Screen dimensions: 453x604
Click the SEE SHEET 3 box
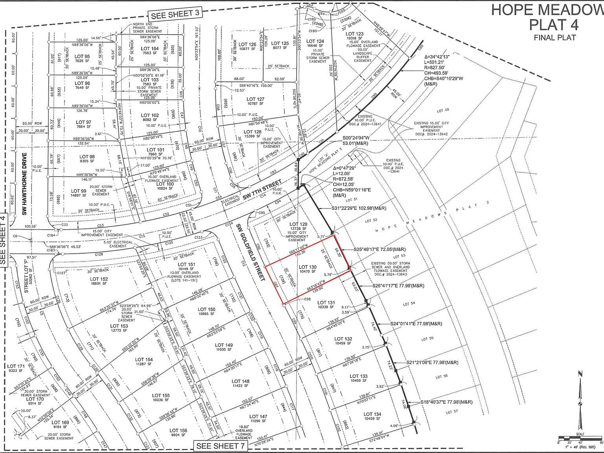(x=175, y=14)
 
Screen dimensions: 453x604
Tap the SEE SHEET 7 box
(x=220, y=446)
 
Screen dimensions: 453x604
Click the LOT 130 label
(x=308, y=268)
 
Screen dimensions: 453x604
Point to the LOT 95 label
(x=82, y=57)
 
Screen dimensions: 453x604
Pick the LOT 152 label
(x=99, y=279)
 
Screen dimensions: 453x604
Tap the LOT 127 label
(x=256, y=99)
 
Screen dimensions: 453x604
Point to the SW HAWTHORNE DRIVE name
(x=24, y=184)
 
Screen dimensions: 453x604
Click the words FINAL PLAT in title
(x=554, y=38)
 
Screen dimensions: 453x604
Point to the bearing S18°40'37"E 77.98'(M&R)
(x=446, y=402)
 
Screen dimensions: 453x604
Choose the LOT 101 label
(x=156, y=150)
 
